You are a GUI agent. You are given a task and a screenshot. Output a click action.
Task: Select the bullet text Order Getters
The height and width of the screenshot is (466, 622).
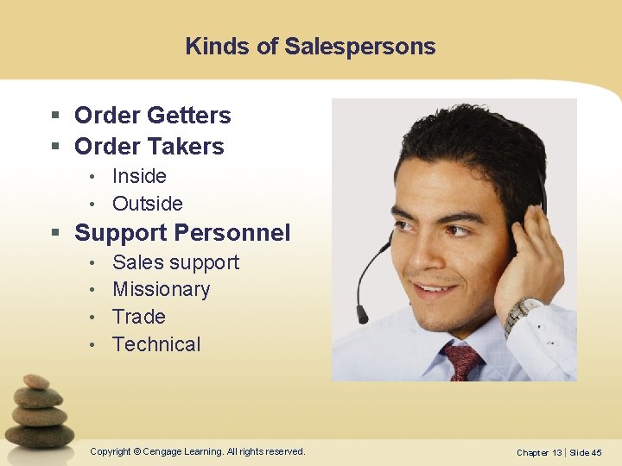(x=153, y=115)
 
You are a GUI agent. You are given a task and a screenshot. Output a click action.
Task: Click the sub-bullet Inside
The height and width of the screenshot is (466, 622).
(x=139, y=176)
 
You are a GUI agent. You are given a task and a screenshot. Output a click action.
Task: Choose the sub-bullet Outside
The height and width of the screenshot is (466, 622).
(x=148, y=204)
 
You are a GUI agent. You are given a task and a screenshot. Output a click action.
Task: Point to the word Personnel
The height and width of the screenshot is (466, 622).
(x=232, y=233)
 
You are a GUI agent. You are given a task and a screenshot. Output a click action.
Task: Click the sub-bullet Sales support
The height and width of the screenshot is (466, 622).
(x=175, y=262)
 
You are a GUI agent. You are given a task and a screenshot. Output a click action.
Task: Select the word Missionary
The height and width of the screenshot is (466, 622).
(x=161, y=289)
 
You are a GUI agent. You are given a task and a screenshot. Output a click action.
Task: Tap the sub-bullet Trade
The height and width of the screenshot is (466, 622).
(x=138, y=317)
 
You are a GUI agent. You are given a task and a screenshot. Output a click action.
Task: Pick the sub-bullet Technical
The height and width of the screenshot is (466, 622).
(x=156, y=344)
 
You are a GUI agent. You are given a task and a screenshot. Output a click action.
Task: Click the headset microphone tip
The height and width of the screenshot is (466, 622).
(x=362, y=313)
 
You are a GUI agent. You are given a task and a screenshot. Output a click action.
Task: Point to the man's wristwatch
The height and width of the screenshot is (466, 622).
(x=521, y=312)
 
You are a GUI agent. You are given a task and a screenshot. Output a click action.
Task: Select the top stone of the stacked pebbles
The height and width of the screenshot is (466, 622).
(x=36, y=381)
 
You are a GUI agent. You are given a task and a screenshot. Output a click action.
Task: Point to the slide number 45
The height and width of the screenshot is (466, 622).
(x=595, y=452)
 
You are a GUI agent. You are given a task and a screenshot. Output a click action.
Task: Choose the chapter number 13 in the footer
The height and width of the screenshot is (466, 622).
(x=557, y=452)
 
